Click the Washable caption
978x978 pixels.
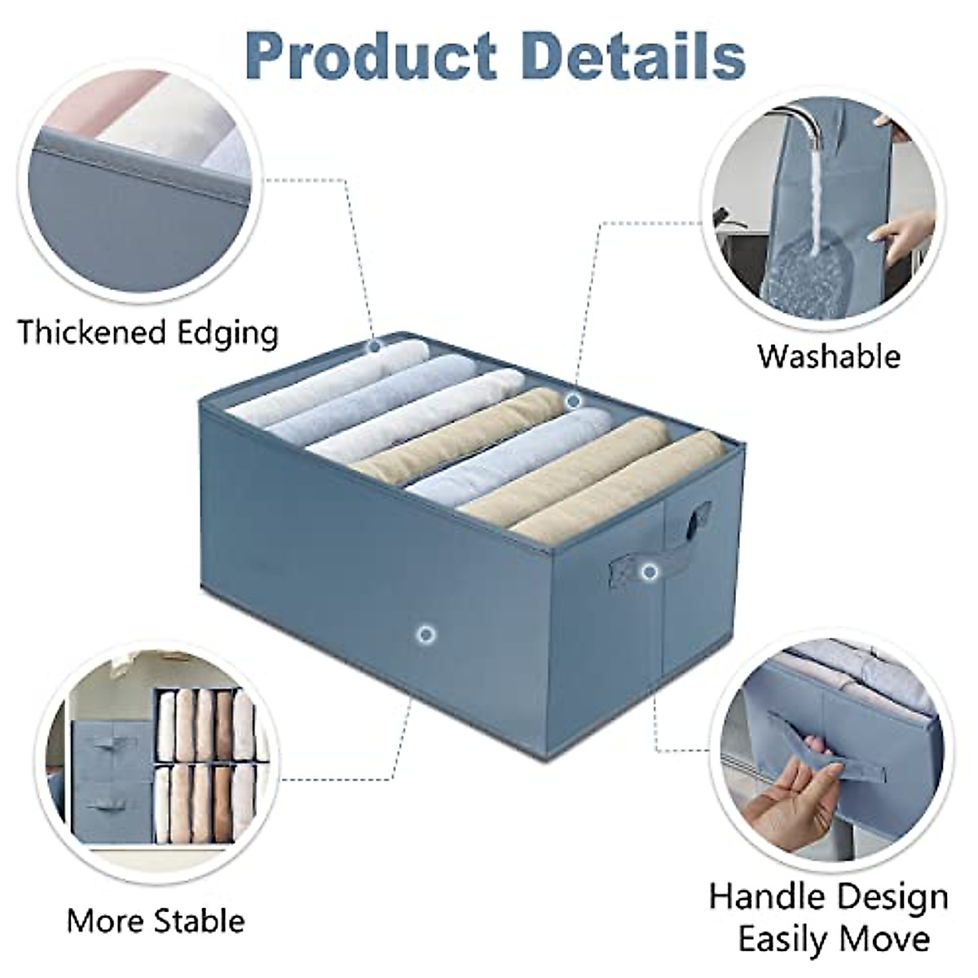tap(829, 356)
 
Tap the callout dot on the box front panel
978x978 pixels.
tap(424, 633)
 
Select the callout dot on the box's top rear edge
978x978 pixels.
tap(374, 346)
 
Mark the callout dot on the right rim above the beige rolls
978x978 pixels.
tap(573, 400)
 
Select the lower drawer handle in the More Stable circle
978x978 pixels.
tap(107, 805)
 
